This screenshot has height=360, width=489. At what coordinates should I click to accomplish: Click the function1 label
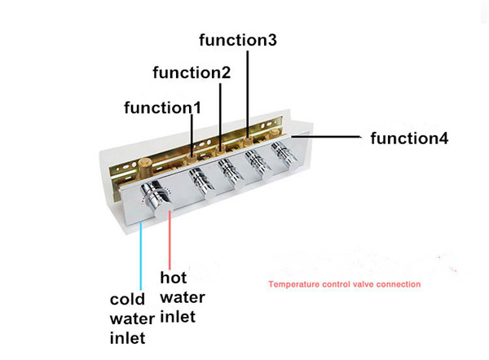(162, 108)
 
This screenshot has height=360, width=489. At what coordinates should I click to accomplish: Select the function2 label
(192, 72)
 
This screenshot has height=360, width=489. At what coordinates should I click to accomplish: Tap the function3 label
(238, 40)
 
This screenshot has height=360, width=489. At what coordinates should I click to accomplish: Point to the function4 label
(409, 138)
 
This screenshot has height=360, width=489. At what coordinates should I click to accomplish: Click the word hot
(174, 278)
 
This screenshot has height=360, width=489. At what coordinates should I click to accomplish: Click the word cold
(127, 300)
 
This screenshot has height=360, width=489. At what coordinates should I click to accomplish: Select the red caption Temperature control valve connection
(345, 284)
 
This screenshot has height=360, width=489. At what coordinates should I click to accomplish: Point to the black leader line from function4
(326, 137)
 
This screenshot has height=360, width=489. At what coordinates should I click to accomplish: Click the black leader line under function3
(248, 94)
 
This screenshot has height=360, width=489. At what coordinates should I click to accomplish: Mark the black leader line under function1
(192, 135)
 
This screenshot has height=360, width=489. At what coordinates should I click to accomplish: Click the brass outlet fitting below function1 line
(191, 158)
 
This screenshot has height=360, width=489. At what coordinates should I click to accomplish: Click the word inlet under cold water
(128, 338)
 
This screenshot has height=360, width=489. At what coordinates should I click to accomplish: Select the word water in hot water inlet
(183, 297)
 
